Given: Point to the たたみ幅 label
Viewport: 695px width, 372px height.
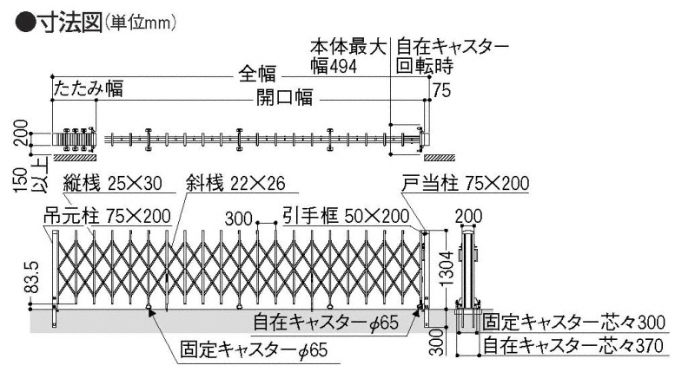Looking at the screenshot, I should [x=88, y=88].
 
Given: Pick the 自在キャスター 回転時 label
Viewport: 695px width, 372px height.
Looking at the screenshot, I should [x=452, y=55].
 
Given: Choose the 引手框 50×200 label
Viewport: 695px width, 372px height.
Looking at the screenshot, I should [x=346, y=216].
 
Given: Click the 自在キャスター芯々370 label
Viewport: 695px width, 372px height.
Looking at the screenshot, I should [x=576, y=347].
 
